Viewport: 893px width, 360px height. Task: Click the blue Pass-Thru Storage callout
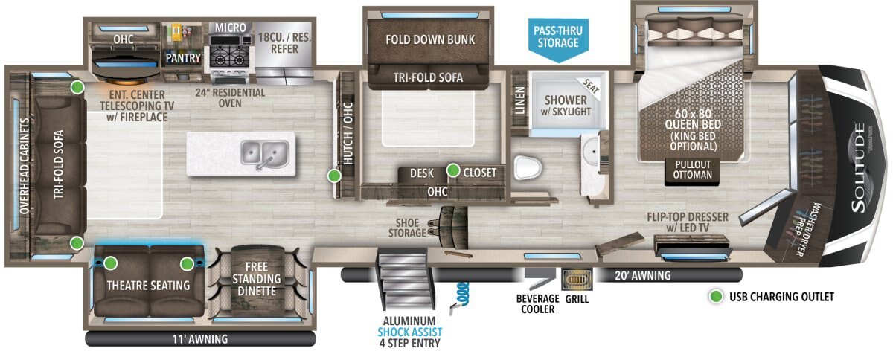pos(558,39)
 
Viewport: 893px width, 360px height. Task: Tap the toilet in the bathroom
pos(528,167)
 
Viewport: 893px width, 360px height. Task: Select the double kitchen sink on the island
pos(264,155)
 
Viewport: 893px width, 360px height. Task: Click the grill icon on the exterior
pos(577,280)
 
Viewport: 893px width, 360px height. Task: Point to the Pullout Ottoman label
pos(693,170)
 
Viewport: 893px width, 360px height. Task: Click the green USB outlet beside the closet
pos(453,170)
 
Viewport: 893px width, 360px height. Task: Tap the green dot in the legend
pos(716,297)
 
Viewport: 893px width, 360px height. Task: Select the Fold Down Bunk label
pos(430,39)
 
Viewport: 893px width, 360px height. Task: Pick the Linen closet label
pos(520,100)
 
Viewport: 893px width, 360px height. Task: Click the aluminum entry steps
pos(405,278)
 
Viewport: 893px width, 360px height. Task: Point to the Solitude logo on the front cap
pos(859,168)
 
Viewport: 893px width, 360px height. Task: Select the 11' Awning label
pos(199,339)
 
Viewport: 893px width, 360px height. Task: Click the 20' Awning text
pos(643,275)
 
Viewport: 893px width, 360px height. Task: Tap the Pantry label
pos(183,58)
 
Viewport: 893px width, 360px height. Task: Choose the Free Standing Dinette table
pos(257,278)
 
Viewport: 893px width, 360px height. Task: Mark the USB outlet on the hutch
pos(334,175)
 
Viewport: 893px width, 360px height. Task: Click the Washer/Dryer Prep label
pos(804,229)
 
